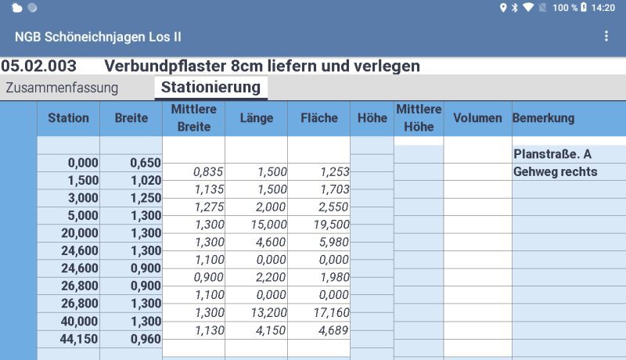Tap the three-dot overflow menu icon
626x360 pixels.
point(606,37)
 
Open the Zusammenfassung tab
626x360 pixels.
point(62,88)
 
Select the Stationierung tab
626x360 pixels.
point(210,88)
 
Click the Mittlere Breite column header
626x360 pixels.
point(193,118)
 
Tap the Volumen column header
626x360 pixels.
point(477,118)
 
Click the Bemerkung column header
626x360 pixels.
point(544,118)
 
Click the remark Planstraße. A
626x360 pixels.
point(552,154)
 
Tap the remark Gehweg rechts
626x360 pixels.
point(555,171)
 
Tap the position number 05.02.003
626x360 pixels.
point(39,66)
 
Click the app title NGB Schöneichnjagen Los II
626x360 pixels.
point(99,37)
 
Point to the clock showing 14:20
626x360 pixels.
point(603,8)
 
